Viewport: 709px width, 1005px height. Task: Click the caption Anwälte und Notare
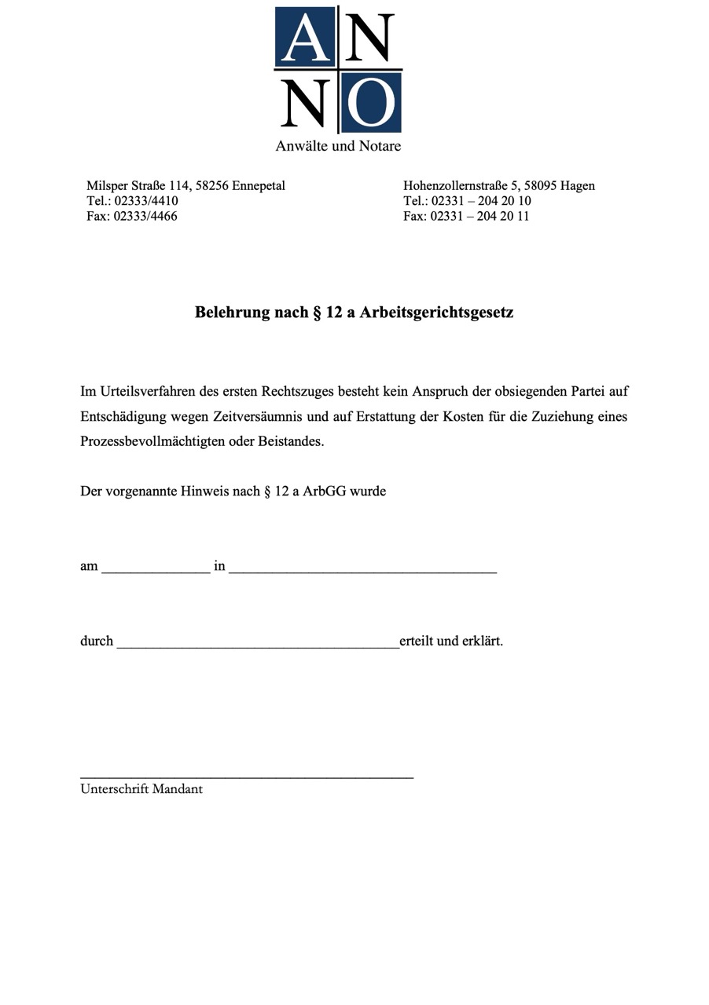click(x=338, y=146)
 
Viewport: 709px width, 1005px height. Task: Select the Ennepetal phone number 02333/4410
click(x=146, y=201)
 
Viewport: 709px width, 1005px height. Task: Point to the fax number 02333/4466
click(x=145, y=216)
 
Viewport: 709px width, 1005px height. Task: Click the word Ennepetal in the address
click(x=259, y=186)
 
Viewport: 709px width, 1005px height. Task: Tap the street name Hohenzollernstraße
click(x=455, y=186)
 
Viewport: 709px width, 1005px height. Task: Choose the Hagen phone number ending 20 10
click(x=481, y=201)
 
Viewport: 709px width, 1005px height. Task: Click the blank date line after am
click(x=156, y=570)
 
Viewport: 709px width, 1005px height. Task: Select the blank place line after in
click(x=362, y=570)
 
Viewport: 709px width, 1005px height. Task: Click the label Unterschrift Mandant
click(x=141, y=789)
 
